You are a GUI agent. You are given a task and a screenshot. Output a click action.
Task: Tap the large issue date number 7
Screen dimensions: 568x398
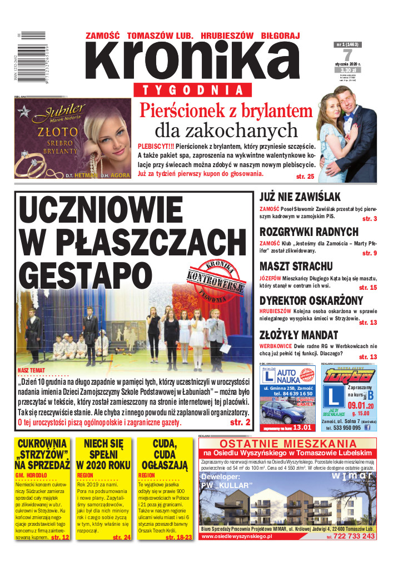[347, 56]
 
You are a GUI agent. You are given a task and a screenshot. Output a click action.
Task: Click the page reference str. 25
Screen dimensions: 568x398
[306, 177]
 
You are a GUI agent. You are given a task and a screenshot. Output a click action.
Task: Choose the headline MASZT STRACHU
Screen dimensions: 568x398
[296, 266]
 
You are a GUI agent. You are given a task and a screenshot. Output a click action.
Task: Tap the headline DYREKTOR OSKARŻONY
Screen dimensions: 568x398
[311, 300]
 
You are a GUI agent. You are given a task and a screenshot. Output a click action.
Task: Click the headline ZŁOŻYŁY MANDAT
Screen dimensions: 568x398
[298, 335]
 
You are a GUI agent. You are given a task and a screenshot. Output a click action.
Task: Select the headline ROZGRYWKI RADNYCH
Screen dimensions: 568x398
[309, 232]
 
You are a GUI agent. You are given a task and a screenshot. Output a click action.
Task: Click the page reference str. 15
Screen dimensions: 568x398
[367, 288]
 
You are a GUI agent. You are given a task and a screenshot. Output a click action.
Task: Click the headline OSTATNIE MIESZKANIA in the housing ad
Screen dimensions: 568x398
[287, 444]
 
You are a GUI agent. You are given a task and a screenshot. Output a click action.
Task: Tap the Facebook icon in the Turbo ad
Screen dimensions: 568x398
[367, 428]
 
